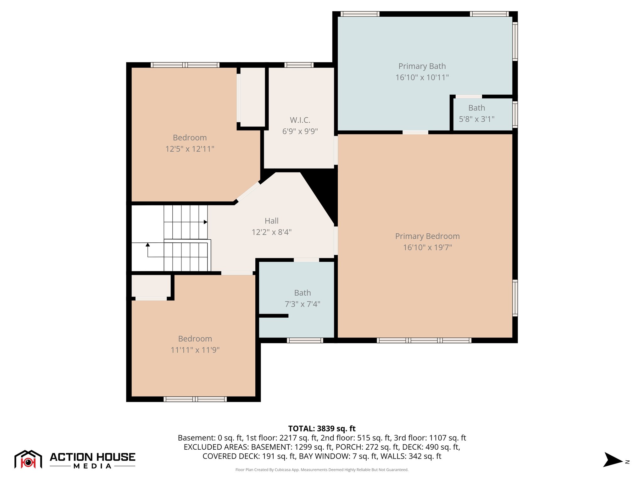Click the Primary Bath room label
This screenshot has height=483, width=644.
click(422, 66)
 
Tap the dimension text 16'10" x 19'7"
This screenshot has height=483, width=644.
click(427, 247)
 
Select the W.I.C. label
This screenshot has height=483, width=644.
click(300, 120)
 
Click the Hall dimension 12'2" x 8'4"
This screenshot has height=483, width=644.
click(271, 232)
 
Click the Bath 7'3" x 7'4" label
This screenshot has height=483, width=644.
click(302, 293)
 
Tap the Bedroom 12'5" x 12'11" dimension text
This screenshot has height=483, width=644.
click(190, 149)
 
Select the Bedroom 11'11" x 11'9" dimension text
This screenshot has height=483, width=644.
click(195, 350)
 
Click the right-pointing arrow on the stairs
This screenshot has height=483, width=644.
click(205, 222)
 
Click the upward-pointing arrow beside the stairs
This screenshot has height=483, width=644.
click(147, 245)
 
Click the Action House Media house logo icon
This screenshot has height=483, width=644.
click(28, 460)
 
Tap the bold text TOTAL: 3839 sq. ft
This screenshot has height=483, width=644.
click(322, 429)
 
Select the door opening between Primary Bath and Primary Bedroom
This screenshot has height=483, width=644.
click(415, 132)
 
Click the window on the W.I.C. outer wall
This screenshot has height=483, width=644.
click(299, 65)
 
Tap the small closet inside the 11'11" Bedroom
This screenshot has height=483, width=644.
click(151, 285)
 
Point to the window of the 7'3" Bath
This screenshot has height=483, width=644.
click(304, 340)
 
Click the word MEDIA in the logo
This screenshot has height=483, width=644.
click(92, 466)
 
